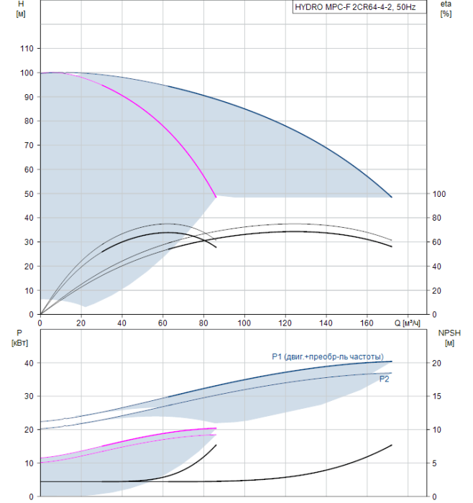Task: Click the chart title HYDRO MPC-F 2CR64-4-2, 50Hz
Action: coord(355,7)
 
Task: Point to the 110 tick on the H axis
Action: coord(27,48)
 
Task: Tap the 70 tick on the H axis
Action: coord(29,145)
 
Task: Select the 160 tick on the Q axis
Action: coord(367,323)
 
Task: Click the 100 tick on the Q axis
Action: coord(244,323)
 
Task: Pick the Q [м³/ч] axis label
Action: coord(407,323)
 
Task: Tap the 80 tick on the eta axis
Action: coord(436,218)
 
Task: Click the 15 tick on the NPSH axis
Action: coord(436,396)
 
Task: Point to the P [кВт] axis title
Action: coord(19,338)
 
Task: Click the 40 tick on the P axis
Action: coord(29,363)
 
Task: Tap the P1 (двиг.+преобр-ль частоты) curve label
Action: coord(328,356)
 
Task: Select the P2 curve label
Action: coord(384,379)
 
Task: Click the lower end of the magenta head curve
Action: coord(216,197)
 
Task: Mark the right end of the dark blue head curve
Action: coord(392,197)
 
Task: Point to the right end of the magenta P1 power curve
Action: coord(216,428)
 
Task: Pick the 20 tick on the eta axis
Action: coord(436,290)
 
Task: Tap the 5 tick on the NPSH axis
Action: coord(434,463)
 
